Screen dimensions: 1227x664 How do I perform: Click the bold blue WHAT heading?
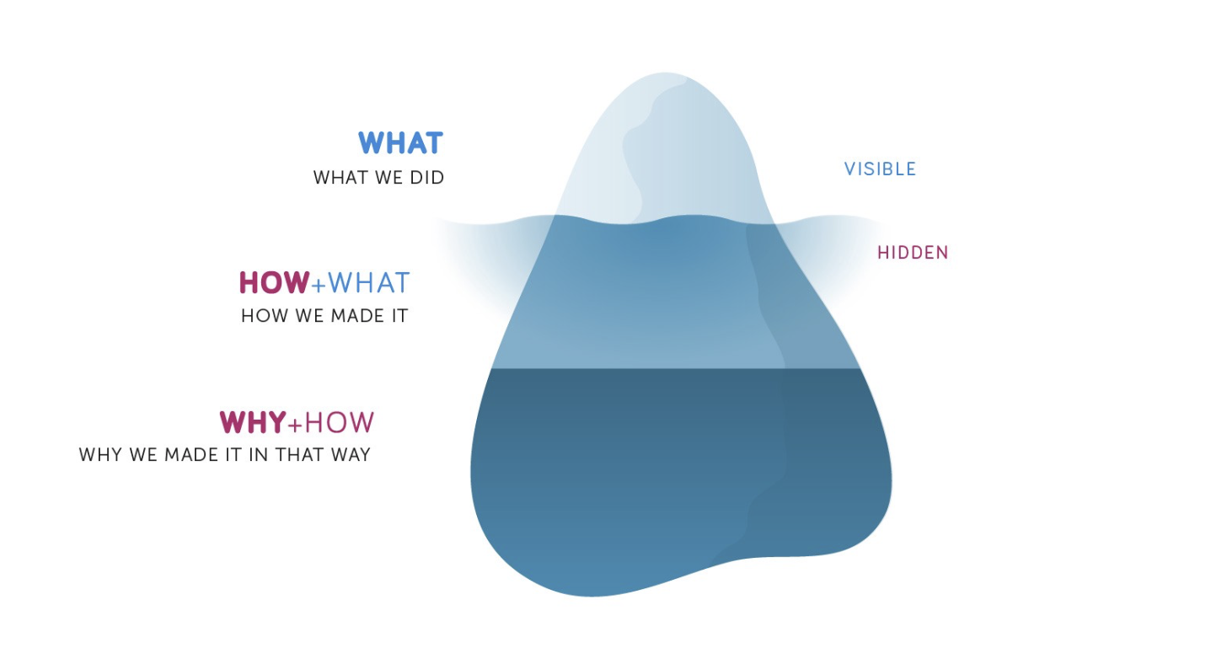pos(400,143)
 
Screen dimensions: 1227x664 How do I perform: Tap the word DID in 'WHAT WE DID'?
pos(426,178)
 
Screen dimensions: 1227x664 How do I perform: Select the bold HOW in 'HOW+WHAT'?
pos(275,282)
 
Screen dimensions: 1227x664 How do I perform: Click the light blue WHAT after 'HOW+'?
pos(368,282)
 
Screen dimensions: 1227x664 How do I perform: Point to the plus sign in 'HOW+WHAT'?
pos(319,285)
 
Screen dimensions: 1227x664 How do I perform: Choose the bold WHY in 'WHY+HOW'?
pos(253,422)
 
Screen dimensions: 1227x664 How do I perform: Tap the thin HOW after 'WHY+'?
pos(339,422)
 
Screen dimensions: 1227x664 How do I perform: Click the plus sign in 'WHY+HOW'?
pos(295,425)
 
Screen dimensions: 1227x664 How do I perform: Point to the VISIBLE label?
pos(881,169)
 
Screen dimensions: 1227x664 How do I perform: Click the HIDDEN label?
pos(914,253)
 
